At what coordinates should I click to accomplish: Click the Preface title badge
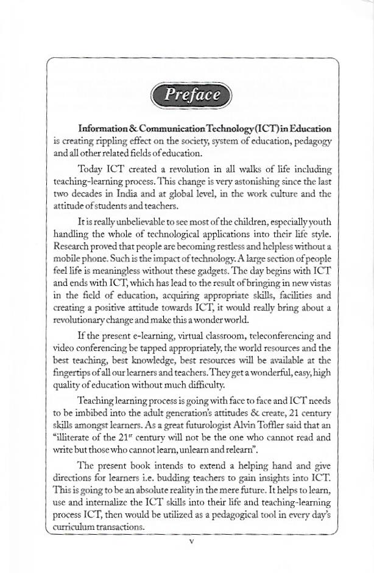192,95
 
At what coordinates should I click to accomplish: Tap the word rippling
108,141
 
